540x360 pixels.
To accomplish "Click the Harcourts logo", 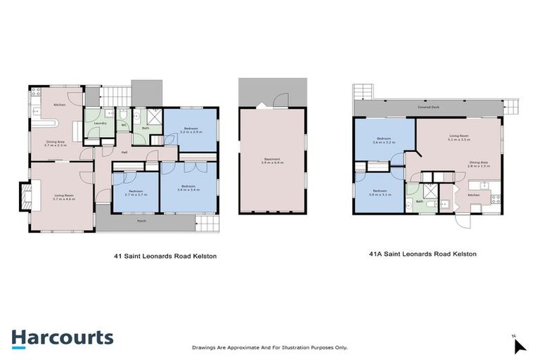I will coord(62,337).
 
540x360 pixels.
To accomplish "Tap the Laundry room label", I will coord(99,124).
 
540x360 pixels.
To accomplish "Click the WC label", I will coord(123,126).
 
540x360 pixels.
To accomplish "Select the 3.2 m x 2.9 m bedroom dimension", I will coord(191,131).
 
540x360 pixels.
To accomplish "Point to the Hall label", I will coord(124,152).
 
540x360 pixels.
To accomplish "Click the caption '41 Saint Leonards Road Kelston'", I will coord(165,257).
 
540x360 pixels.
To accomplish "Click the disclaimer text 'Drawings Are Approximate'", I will coord(269,347).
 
